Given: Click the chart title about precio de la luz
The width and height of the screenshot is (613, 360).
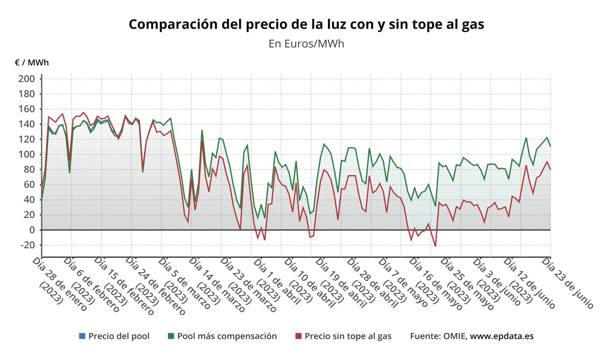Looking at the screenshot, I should tap(306, 24).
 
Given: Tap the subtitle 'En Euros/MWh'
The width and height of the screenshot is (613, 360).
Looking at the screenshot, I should tap(306, 43).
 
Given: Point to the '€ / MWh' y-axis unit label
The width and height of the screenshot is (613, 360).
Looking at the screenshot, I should tap(32, 63).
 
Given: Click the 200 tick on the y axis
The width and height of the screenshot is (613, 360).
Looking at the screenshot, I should tap(27, 79).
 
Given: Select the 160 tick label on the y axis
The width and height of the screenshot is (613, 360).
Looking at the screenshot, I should tap(27, 109).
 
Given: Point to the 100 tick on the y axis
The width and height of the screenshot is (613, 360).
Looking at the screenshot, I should tap(27, 154).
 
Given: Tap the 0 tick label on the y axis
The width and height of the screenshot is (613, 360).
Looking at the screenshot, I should tap(31, 230).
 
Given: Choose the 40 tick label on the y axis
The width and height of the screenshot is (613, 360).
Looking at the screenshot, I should tap(29, 200).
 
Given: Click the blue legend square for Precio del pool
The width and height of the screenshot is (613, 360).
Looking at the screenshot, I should tap(82, 336).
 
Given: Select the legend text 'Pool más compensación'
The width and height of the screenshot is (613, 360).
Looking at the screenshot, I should tap(227, 336).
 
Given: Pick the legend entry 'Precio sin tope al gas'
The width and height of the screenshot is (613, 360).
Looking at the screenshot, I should tap(348, 336).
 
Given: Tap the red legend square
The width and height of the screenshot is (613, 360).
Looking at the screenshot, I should tap(299, 336).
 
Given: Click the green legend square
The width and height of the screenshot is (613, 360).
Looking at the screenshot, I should tap(171, 336).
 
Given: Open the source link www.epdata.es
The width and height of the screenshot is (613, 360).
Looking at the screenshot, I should tap(502, 336).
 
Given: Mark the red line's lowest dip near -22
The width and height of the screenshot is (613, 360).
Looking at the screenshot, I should tap(435, 247).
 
